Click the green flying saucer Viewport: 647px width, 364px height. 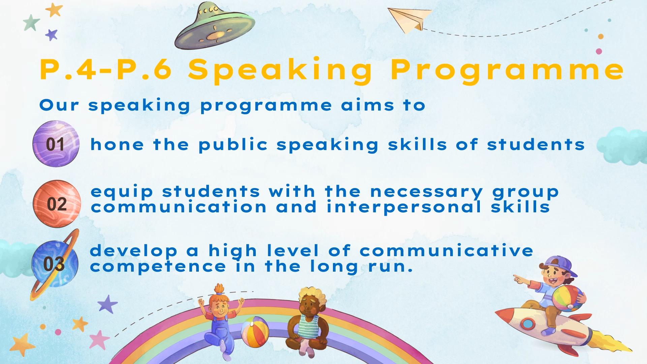215,26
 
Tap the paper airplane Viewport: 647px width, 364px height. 409,20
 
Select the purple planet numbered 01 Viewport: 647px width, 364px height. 56,144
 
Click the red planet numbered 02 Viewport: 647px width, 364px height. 57,204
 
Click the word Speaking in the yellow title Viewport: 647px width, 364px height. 280,70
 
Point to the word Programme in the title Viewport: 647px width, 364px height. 507,70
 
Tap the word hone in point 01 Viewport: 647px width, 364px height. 117,145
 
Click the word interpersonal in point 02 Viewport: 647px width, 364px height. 404,207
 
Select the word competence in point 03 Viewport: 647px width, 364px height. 158,267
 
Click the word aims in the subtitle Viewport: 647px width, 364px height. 368,105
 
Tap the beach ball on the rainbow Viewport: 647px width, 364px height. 255,332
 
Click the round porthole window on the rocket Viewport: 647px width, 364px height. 527,324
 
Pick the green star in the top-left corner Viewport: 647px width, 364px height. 31,23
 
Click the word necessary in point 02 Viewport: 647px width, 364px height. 427,192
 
